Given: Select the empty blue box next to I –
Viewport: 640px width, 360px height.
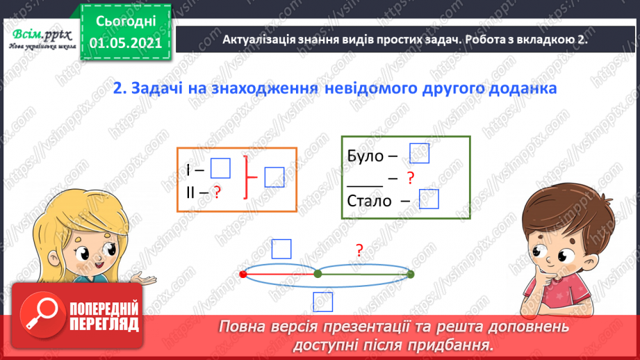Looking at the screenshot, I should click(220, 168).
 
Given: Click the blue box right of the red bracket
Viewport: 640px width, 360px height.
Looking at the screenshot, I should click(274, 177).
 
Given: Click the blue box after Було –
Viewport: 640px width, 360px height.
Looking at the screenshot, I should click(420, 153).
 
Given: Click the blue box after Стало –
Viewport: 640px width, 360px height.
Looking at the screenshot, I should click(429, 199).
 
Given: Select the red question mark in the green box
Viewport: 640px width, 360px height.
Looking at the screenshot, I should click(411, 178).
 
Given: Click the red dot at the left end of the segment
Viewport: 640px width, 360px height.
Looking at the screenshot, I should click(243, 274).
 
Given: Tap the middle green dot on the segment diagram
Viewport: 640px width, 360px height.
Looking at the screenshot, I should click(318, 274).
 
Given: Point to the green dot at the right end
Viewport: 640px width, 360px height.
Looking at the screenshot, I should click(411, 274).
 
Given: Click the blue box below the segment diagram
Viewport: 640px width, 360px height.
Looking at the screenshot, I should click(322, 301).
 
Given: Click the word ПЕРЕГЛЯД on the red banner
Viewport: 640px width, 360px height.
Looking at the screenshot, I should click(105, 325).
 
